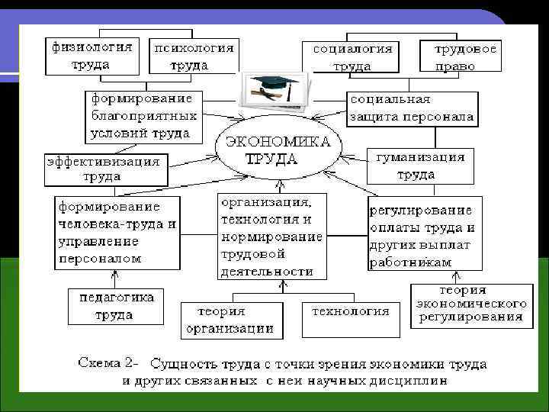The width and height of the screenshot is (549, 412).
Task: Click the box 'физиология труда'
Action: (91, 56)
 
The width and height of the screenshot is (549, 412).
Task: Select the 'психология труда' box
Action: (193, 56)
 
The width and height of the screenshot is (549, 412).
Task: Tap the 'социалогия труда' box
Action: (353, 56)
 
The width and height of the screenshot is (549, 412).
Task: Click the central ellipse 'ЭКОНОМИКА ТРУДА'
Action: (277, 150)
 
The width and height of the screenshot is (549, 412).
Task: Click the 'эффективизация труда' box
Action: (104, 169)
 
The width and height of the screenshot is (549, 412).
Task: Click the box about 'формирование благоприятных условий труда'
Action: (143, 116)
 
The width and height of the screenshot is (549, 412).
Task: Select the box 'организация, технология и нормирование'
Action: (271, 236)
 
